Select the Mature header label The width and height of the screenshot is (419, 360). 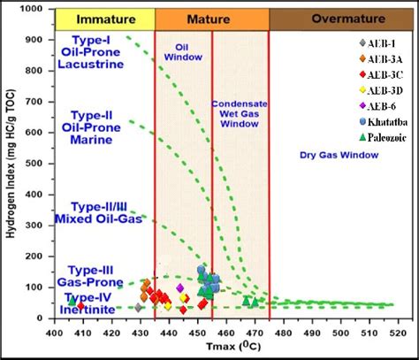pyautogui.click(x=211, y=18)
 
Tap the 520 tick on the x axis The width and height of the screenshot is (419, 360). pyautogui.click(x=394, y=333)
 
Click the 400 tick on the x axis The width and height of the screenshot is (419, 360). pyautogui.click(x=55, y=333)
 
